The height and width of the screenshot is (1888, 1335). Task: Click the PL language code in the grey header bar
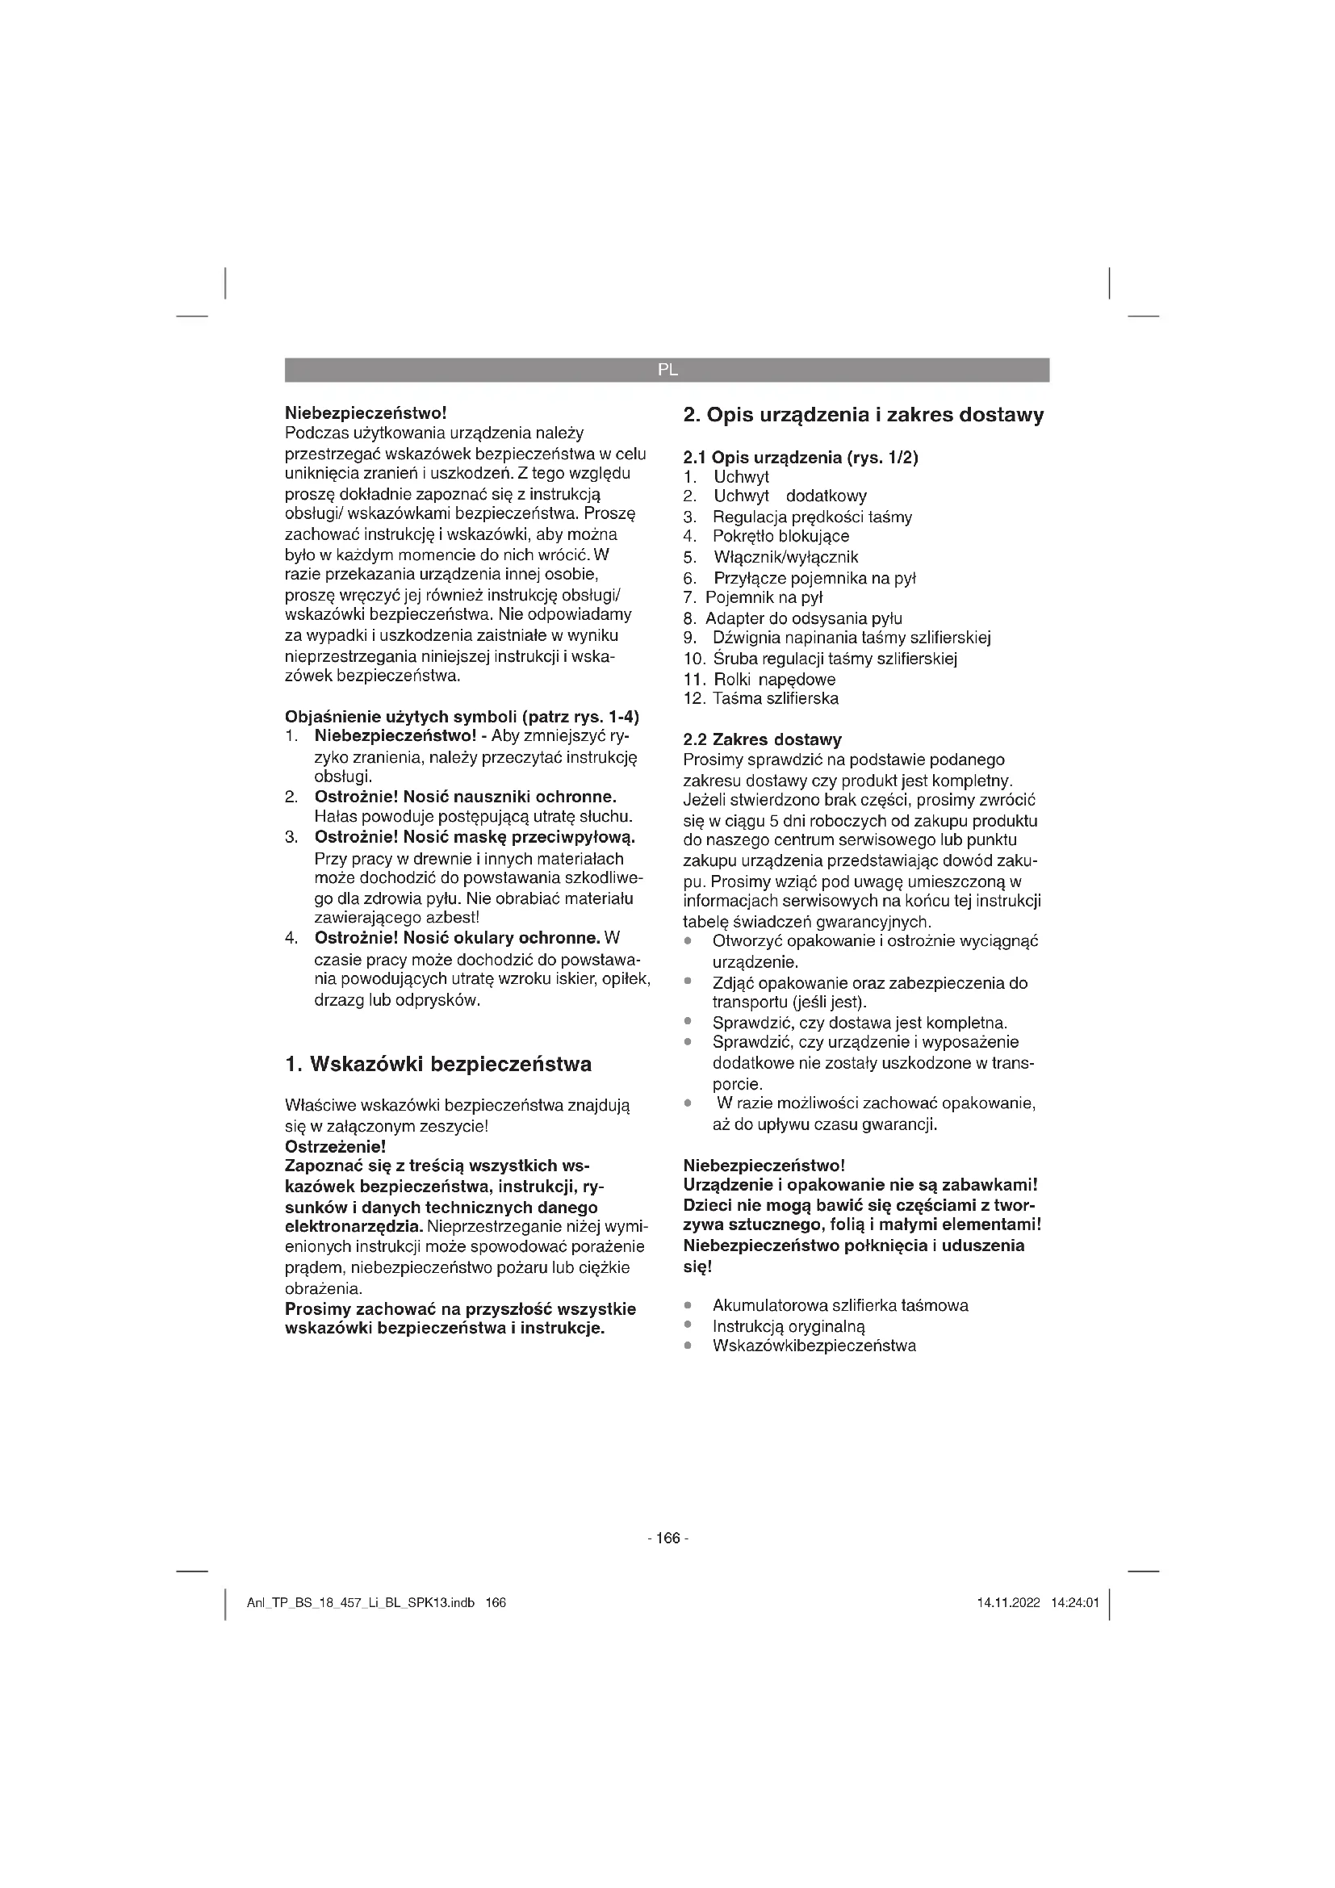667,370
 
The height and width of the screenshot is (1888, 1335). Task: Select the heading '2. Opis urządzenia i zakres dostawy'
863,414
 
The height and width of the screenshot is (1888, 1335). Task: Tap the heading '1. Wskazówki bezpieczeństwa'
438,1064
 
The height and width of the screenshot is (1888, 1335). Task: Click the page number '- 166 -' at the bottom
667,1538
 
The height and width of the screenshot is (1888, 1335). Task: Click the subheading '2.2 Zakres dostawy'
762,739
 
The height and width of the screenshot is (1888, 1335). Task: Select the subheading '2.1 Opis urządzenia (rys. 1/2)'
800,457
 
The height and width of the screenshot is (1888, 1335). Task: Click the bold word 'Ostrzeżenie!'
336,1146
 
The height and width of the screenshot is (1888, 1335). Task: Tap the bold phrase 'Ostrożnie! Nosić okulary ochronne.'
457,938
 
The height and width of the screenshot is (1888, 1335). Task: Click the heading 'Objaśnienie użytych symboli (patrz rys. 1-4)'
462,716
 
